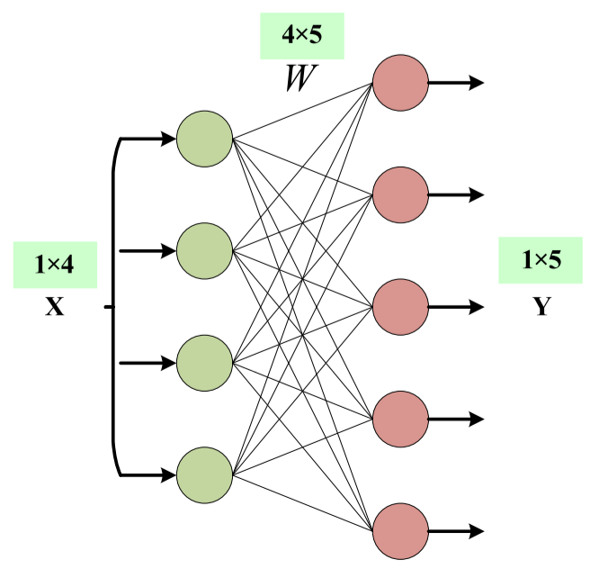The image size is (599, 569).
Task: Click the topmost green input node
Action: [x=204, y=139]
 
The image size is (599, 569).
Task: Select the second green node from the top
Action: [x=204, y=251]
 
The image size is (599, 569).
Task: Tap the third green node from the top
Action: [x=204, y=363]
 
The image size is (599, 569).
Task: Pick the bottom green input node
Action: [x=204, y=475]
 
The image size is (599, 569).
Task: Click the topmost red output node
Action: [x=400, y=83]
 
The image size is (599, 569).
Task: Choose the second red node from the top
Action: [x=400, y=194]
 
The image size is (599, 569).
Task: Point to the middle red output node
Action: [x=400, y=307]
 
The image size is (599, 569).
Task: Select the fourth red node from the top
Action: [x=400, y=420]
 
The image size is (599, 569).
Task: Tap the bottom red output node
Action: [x=400, y=531]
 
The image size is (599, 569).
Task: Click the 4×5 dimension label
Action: [x=302, y=34]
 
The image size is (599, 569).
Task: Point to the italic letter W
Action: [x=301, y=78]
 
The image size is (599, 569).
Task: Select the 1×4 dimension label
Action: [x=54, y=264]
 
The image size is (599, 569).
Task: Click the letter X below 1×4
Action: [x=55, y=306]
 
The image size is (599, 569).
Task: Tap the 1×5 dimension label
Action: [x=541, y=259]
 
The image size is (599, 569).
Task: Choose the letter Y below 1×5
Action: [x=542, y=306]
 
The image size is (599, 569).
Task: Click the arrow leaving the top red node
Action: [x=456, y=83]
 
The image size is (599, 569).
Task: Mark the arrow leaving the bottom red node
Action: [x=456, y=531]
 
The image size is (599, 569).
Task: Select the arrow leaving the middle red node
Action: [x=456, y=307]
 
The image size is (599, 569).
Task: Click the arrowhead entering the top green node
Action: [x=168, y=139]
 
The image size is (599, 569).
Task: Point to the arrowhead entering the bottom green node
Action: [x=168, y=475]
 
